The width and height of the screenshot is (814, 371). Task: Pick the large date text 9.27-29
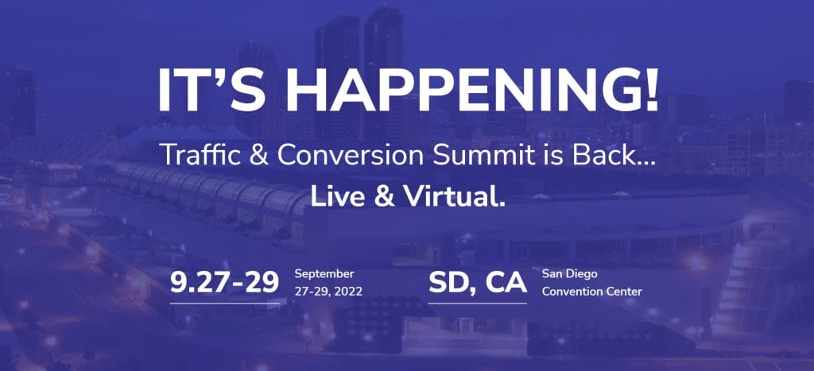tap(225, 283)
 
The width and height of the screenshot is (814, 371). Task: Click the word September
tap(324, 274)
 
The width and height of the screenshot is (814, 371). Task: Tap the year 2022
tap(347, 292)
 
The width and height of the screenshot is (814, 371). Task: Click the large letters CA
tap(506, 283)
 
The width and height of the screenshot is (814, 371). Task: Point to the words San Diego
tap(569, 274)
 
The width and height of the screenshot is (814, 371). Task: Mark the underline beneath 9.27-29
tap(225, 303)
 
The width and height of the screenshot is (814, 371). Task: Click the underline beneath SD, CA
tap(478, 303)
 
